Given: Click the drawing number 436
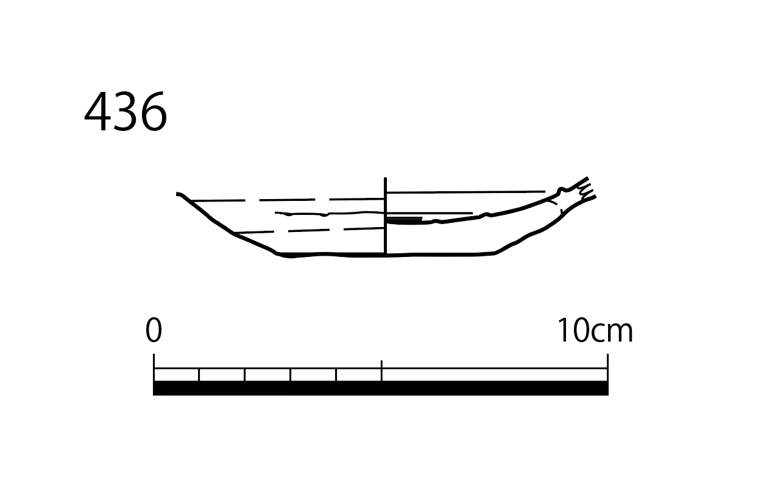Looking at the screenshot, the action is click(x=126, y=111).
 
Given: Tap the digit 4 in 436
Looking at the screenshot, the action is click(x=97, y=111).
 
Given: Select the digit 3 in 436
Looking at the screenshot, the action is click(x=125, y=111).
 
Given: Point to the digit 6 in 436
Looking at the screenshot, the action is click(x=154, y=111).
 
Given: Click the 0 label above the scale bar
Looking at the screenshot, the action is click(x=154, y=330).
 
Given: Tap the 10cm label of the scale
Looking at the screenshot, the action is click(x=595, y=330).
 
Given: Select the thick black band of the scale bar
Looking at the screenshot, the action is click(x=381, y=388).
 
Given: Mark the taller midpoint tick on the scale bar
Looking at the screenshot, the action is click(x=381, y=371).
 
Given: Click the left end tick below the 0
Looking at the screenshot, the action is click(x=154, y=367).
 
